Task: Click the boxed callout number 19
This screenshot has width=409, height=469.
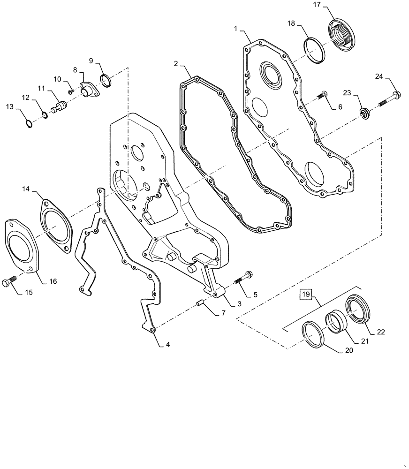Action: [306, 295]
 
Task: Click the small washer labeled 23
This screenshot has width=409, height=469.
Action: [364, 113]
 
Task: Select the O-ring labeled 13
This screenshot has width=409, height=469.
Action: [29, 124]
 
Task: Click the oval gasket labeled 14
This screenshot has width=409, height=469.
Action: [55, 224]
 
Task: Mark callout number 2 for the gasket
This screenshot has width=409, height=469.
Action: [175, 63]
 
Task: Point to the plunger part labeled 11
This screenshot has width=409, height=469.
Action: [59, 106]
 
